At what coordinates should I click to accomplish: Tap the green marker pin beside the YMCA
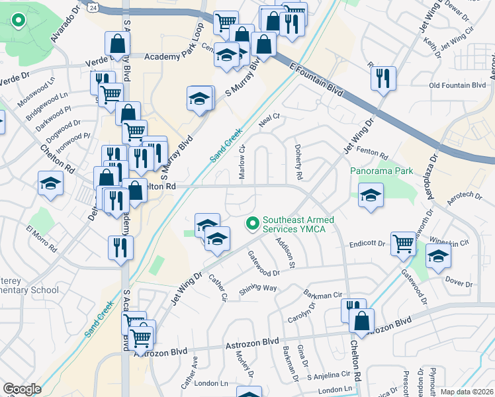tap(251, 224)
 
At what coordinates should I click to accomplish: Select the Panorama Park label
tap(381, 171)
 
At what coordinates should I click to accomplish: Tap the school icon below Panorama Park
tap(371, 195)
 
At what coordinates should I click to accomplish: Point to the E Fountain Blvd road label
tap(316, 80)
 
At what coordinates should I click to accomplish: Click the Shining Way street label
tap(258, 288)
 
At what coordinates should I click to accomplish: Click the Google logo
tap(22, 389)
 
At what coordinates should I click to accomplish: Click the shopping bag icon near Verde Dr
tap(117, 44)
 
